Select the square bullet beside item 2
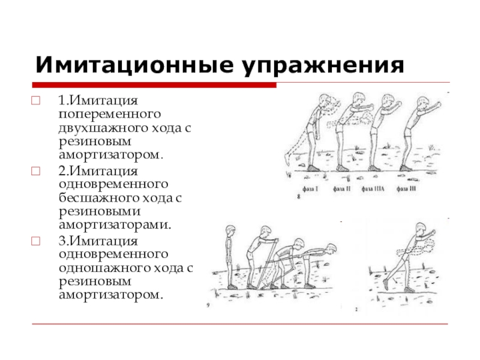tap(35, 170)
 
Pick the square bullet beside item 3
tap(35, 241)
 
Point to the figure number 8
tap(299, 196)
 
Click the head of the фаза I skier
tap(325, 99)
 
